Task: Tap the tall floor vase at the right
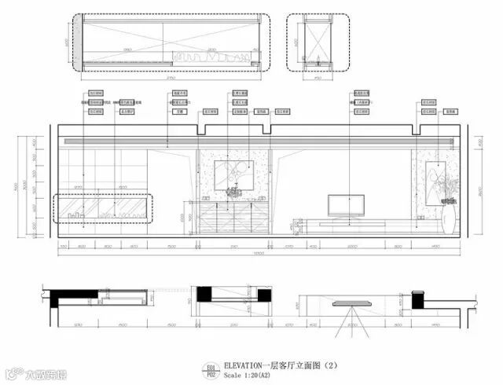tap(448, 218)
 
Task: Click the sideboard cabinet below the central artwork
tap(233, 218)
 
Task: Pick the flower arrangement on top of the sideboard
tap(233, 192)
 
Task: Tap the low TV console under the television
tap(346, 223)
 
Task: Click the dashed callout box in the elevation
tap(103, 208)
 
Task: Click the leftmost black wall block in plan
tap(60, 297)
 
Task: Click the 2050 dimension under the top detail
tap(170, 78)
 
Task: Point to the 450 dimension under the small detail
tap(318, 78)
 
